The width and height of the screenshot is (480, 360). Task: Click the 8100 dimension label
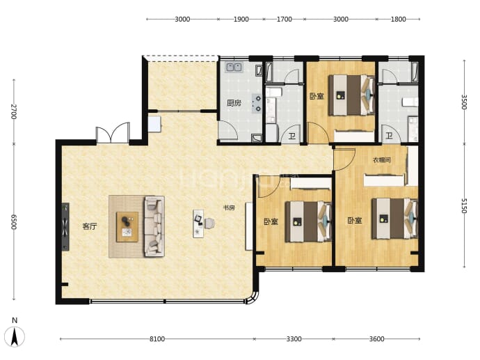(x=157, y=339)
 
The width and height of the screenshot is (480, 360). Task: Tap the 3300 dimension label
(x=294, y=339)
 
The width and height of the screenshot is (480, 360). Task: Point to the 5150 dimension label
(x=464, y=205)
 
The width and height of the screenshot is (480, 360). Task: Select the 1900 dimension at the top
(x=241, y=19)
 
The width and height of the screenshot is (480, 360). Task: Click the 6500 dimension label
(x=14, y=221)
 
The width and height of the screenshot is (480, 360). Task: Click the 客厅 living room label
(x=89, y=226)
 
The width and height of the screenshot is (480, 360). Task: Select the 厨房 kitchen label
(x=234, y=103)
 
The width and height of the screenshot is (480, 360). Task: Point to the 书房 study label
(x=229, y=208)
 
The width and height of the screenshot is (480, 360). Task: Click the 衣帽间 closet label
(x=382, y=160)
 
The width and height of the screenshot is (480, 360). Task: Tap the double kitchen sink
(x=234, y=67)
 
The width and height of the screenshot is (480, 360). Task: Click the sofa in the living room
(x=154, y=226)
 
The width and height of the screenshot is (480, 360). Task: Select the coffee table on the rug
(x=127, y=227)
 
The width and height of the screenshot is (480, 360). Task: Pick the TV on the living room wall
(x=65, y=227)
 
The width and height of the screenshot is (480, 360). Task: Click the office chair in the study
(x=209, y=223)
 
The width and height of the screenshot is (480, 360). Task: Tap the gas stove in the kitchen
(x=257, y=103)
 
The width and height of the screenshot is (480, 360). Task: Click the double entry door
(x=112, y=133)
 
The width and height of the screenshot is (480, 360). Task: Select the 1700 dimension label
(x=284, y=19)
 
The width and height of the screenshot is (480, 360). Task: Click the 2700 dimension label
(x=14, y=111)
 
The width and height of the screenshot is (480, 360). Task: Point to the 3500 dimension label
(x=464, y=102)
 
